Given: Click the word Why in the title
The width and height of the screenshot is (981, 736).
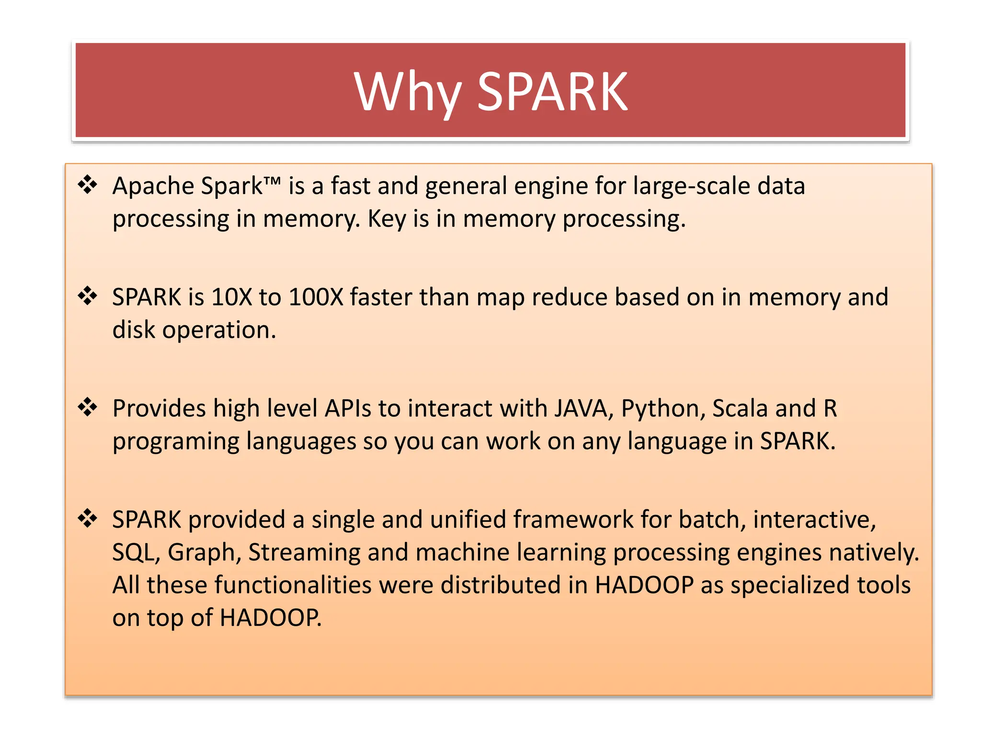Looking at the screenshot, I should pos(408,92).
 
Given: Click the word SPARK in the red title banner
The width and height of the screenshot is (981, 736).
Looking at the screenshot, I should pos(552,92).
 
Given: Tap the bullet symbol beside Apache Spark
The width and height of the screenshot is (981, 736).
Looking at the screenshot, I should pos(88,185).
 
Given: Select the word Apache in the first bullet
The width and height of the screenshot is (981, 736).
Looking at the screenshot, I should pos(153,186).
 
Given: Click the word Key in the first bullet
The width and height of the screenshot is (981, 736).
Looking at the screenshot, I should pos(387,219).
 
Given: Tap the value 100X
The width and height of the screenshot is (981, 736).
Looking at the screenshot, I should pos(316,297).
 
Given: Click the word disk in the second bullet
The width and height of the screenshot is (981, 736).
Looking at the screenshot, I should pos(134,330).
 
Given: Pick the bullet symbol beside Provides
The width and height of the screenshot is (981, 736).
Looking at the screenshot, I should pos(88,407).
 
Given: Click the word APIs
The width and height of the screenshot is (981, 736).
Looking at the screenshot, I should pos(348,409).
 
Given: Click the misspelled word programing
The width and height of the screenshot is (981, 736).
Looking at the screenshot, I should pos(176,441).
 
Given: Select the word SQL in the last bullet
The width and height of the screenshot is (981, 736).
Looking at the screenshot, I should pos(136,552).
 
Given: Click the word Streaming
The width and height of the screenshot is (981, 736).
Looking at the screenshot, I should pos(304,552).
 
